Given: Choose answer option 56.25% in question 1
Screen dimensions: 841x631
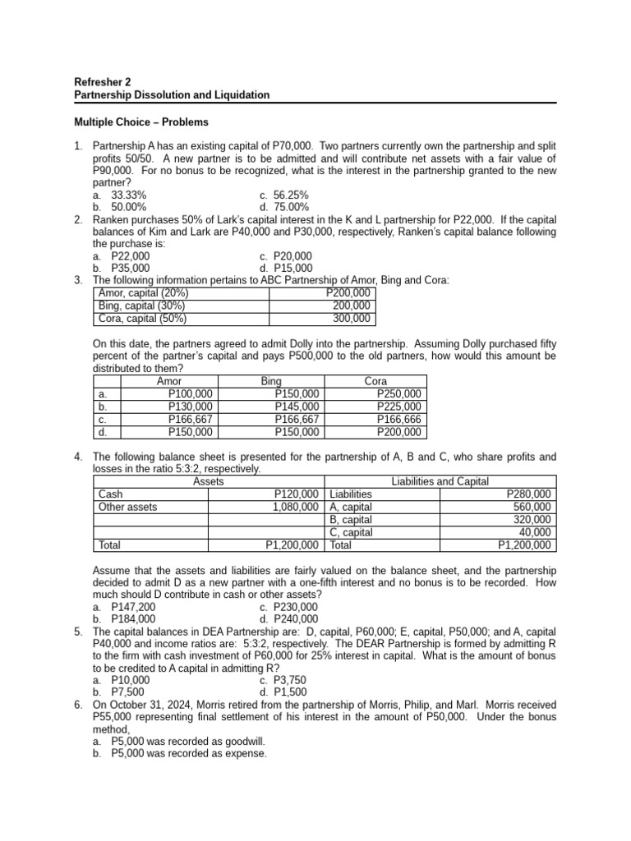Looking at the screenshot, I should coord(291,195).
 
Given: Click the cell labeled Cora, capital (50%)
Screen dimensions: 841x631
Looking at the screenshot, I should coord(142,319).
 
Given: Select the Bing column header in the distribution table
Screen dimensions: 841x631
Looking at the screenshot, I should coord(270,382).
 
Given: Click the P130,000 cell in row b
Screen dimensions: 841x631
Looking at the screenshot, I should coord(190,407).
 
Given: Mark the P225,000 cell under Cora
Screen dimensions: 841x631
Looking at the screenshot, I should coord(399,407).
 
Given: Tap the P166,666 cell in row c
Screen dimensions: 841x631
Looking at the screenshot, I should coord(399,419).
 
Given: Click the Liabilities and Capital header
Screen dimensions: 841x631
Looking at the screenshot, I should coord(441,481).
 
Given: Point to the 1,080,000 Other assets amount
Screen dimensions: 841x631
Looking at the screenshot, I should coord(295,507).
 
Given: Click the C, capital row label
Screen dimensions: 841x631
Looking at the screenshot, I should coord(351,532).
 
